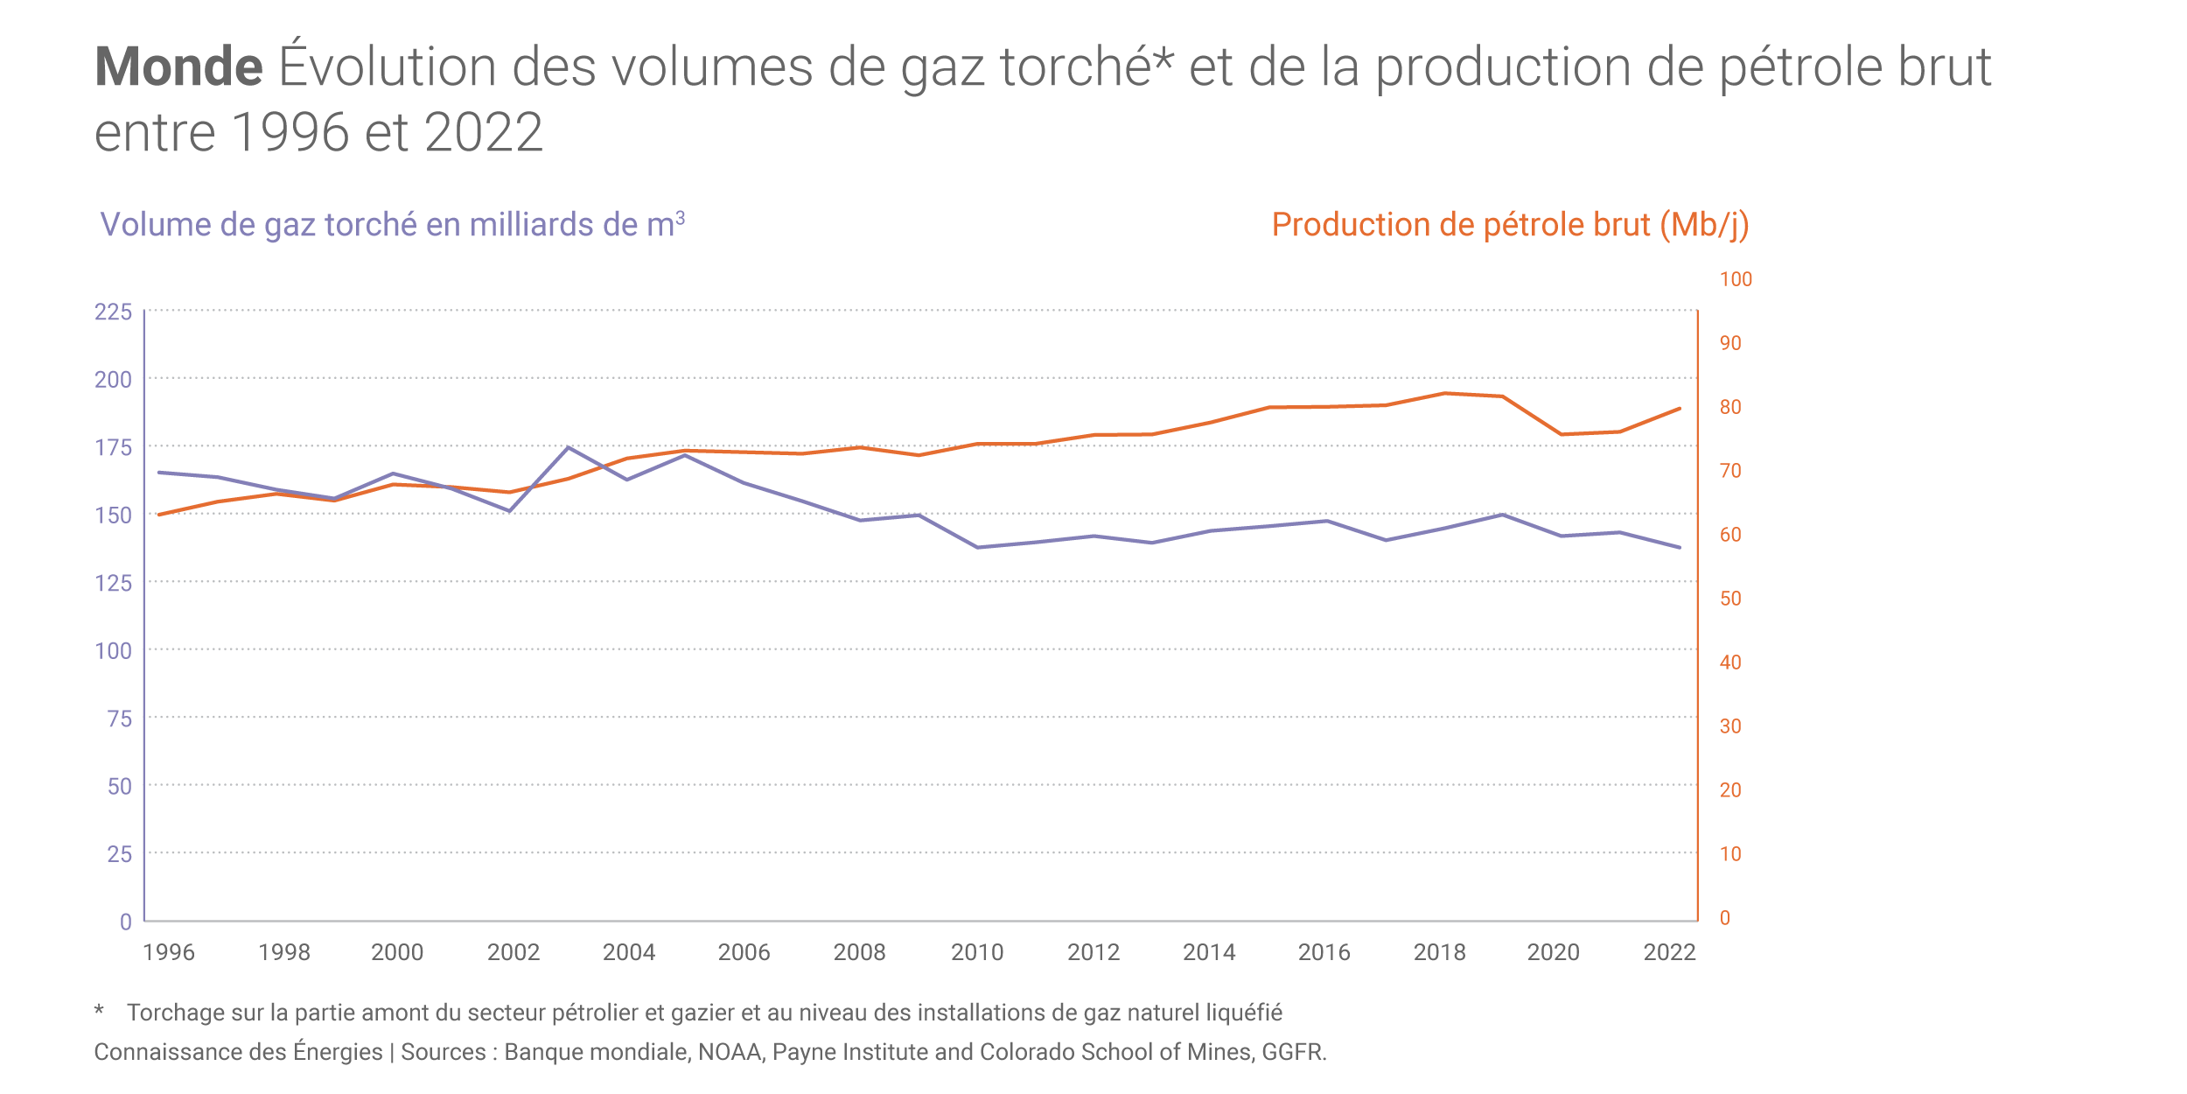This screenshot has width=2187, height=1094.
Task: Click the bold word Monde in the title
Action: point(178,67)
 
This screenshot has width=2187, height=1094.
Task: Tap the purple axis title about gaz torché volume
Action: point(392,225)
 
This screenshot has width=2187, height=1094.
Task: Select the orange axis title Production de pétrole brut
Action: point(1510,225)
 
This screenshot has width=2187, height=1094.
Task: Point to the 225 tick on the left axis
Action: point(113,312)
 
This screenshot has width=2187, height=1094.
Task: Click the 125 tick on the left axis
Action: point(113,583)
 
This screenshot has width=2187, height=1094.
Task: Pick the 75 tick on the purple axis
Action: point(119,719)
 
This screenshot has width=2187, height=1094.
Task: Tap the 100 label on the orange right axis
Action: point(1736,279)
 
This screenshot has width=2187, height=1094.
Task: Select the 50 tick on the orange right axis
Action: point(1730,599)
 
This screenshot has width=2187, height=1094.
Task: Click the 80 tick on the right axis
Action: point(1730,407)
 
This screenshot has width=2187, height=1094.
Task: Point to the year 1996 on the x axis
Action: point(169,952)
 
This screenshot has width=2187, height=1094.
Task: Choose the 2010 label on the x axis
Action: point(977,952)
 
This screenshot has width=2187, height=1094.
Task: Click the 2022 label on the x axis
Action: point(1669,952)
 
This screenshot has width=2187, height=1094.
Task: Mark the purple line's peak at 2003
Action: point(569,447)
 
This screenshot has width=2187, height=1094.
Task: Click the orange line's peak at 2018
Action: point(1444,393)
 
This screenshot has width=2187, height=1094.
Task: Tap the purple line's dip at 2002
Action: point(510,511)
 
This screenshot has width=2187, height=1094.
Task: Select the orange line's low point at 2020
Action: point(1562,434)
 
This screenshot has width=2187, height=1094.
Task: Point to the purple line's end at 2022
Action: point(1679,548)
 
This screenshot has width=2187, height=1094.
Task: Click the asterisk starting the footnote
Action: point(100,1012)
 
